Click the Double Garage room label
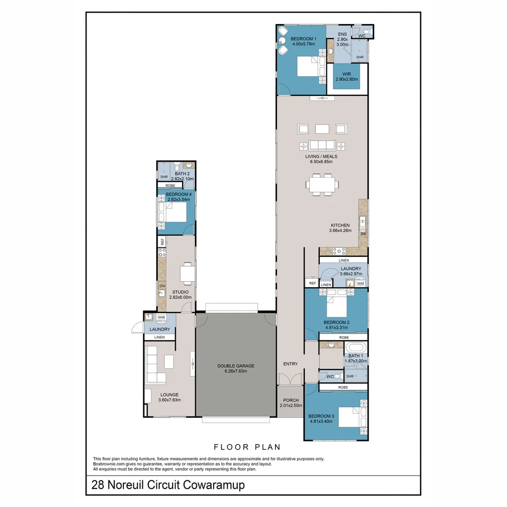point(236,369)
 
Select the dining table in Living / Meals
point(323,184)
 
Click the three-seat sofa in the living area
point(322,146)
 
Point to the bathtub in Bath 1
point(356,348)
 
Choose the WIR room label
point(346,77)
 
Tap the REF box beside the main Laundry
point(312,283)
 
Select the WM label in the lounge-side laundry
point(161,317)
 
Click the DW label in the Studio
point(162,286)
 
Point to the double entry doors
point(291,379)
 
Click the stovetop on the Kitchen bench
point(339,251)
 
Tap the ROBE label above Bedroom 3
point(343,387)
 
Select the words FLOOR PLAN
point(247,447)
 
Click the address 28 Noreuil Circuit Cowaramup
point(168,485)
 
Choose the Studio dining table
point(187,274)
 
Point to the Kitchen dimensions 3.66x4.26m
point(340,230)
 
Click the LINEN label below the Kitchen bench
point(344,260)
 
